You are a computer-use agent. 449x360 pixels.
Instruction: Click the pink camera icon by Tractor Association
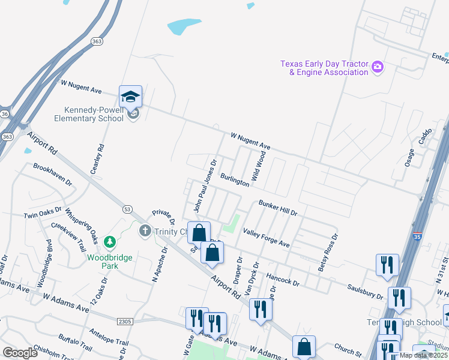[x=378, y=67]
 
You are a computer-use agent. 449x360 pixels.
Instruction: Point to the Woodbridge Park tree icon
[x=109, y=242]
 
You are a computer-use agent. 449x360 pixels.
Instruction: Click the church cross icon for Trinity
[x=144, y=230]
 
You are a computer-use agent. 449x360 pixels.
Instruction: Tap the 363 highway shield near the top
[x=97, y=41]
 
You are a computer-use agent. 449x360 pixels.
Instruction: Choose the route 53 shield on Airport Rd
[x=127, y=209]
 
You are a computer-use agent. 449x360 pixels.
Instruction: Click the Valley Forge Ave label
[x=266, y=238]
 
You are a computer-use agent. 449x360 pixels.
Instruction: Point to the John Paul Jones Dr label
[x=205, y=185]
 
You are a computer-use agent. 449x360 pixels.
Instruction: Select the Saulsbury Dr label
[x=364, y=292]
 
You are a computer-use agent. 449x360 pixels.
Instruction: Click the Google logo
[x=20, y=353]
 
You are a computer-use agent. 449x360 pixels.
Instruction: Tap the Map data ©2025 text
[x=423, y=355]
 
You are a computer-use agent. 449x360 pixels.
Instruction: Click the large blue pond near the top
[x=184, y=26]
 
